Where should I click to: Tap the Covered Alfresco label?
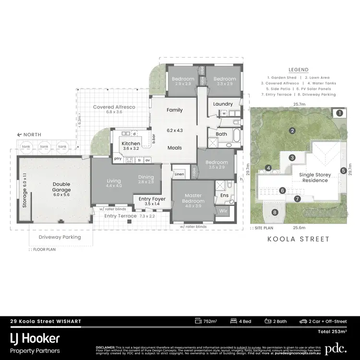point(114,107)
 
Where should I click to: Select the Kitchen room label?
point(131,144)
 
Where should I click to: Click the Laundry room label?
point(223,104)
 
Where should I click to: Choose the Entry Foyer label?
point(152,199)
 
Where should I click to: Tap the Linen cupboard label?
point(179,174)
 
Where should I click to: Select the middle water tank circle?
point(44,146)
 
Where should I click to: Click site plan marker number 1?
point(339,113)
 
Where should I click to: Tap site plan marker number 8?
point(275,212)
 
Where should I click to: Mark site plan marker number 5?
point(343,170)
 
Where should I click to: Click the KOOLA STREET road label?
point(298,239)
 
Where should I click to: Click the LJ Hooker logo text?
point(35,338)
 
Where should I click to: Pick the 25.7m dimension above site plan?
point(301,104)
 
